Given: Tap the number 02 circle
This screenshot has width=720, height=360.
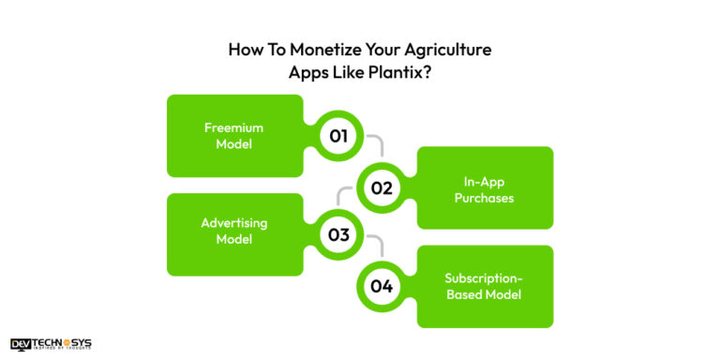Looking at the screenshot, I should click(x=381, y=187).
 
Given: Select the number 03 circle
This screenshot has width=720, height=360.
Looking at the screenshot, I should click(x=338, y=235).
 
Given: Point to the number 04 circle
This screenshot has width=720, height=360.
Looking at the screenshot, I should click(x=381, y=286).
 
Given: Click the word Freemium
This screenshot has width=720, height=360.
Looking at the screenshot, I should click(x=233, y=127).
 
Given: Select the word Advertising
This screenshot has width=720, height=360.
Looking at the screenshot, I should click(x=233, y=223).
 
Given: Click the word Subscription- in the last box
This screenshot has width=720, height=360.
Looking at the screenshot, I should click(x=485, y=277).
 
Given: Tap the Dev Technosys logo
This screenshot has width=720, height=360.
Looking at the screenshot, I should click(x=51, y=344).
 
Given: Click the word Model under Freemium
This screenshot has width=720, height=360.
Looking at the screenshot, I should click(x=233, y=145).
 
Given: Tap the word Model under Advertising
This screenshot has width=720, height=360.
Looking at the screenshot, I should click(x=233, y=241).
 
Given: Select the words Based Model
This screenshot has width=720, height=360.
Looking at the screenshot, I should click(x=485, y=295).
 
